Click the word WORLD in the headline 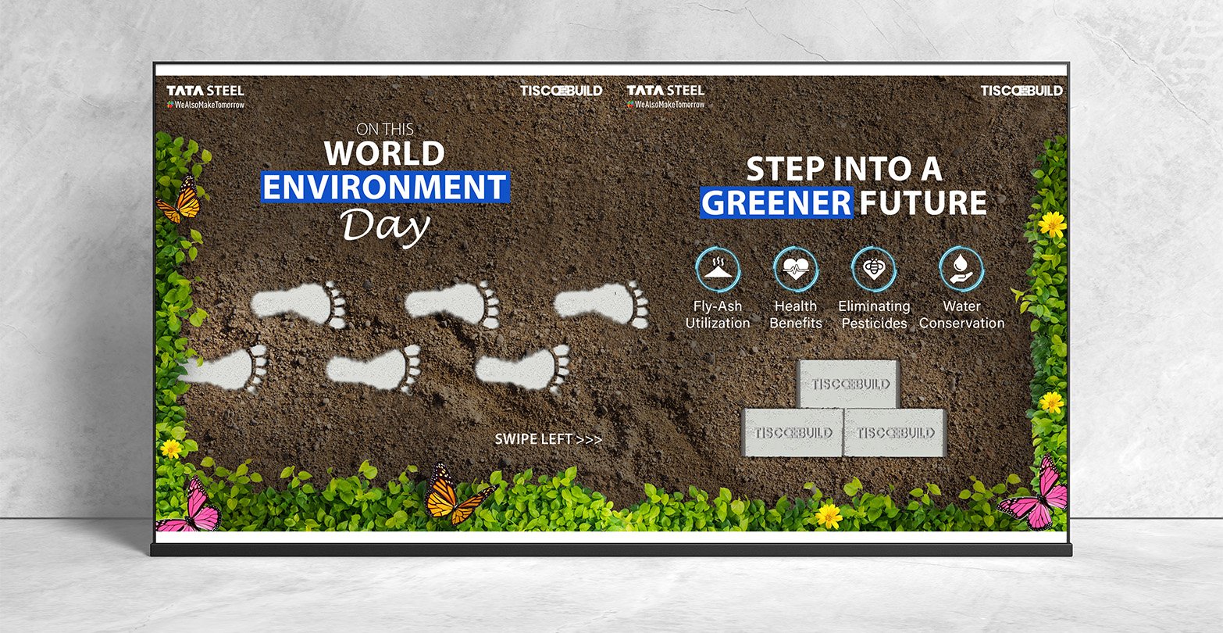coord(384,153)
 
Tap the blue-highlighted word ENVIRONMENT coord(385,187)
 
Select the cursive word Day coord(385,227)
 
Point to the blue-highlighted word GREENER coord(776,202)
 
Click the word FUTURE coord(923,202)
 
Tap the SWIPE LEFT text coord(548,439)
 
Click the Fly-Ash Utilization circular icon coord(718,270)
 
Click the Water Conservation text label coord(961,315)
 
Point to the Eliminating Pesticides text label coord(874,315)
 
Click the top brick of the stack coord(848,384)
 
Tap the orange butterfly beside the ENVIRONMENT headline coord(181,200)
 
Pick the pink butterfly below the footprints coord(191,505)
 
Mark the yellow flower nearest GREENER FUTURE coord(1052,224)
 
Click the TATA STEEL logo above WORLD coord(205,91)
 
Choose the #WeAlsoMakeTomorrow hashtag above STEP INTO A coord(666,104)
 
